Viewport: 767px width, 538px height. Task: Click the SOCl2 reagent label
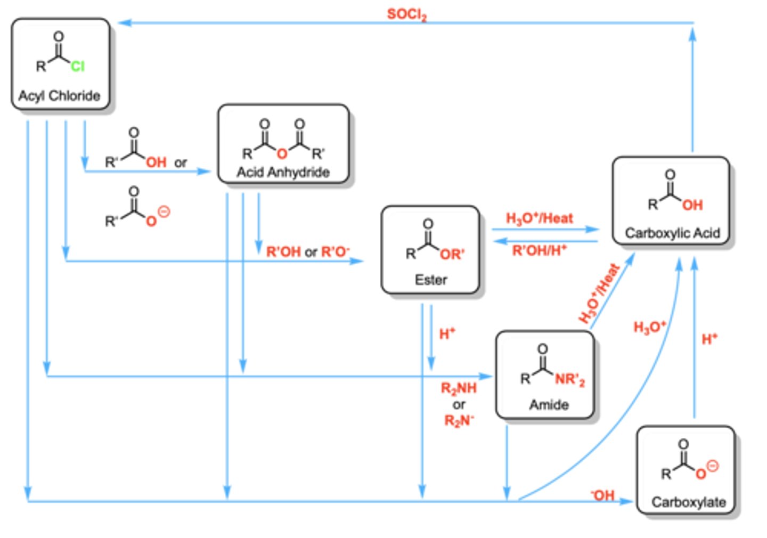click(407, 15)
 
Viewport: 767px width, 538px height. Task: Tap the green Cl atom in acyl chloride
click(77, 66)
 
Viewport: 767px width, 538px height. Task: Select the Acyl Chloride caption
click(59, 95)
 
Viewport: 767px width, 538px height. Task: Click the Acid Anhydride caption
click(283, 172)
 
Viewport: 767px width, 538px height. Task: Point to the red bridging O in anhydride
click(282, 153)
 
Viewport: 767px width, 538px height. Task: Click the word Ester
click(431, 280)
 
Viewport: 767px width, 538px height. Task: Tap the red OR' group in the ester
click(452, 254)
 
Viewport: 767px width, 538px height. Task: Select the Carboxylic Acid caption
click(673, 233)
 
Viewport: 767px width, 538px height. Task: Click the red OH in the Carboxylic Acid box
click(692, 205)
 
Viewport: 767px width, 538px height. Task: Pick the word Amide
click(549, 405)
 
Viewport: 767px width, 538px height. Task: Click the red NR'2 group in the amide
click(570, 379)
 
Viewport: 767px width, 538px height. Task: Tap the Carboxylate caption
click(689, 502)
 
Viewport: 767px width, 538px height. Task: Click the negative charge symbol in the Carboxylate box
click(713, 466)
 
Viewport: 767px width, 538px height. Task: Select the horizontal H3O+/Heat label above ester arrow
click(539, 218)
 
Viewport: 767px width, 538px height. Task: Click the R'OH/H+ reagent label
click(539, 250)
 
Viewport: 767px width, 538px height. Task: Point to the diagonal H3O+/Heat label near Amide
click(599, 293)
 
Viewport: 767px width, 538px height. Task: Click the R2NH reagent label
click(459, 388)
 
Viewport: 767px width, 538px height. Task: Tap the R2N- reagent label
click(459, 420)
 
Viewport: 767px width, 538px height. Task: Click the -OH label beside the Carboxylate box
click(602, 495)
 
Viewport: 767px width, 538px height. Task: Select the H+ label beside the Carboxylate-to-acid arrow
click(709, 339)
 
